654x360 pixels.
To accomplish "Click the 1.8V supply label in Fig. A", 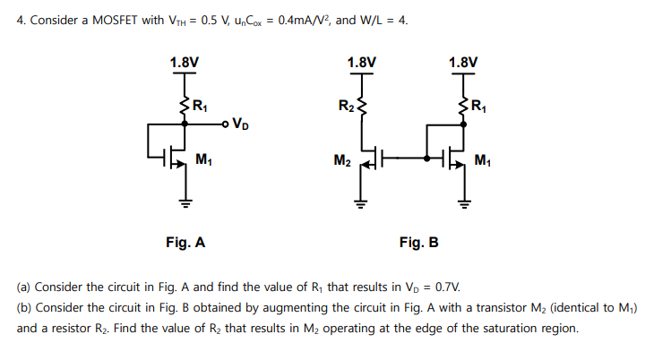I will tap(184, 63).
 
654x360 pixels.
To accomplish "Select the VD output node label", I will tap(240, 124).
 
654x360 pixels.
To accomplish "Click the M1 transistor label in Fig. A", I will tap(203, 161).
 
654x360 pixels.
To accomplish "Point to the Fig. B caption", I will tap(418, 242).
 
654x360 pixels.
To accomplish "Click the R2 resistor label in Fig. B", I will tap(345, 107).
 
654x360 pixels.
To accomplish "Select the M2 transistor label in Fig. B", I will tap(341, 161).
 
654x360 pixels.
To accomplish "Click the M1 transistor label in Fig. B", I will tap(484, 161).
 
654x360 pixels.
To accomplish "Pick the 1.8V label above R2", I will tap(361, 63).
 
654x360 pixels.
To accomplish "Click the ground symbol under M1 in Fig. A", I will tap(185, 201).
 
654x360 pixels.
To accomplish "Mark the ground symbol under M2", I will tap(362, 201).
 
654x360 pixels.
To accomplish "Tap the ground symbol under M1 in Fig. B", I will tap(464, 201).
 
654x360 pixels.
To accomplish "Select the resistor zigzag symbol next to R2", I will tap(362, 107).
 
